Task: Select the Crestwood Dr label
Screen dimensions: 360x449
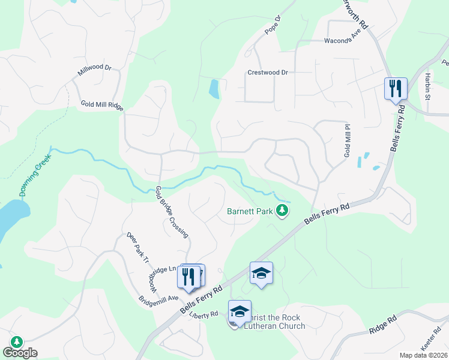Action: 268,73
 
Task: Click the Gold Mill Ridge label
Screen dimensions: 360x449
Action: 102,105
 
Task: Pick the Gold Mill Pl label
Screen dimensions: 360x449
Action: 347,141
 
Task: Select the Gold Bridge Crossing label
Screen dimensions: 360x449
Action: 172,212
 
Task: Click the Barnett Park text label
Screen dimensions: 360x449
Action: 250,211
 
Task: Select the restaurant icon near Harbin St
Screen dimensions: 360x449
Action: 396,89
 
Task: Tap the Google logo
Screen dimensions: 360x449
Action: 20,353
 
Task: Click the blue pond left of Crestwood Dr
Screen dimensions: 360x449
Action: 214,89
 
